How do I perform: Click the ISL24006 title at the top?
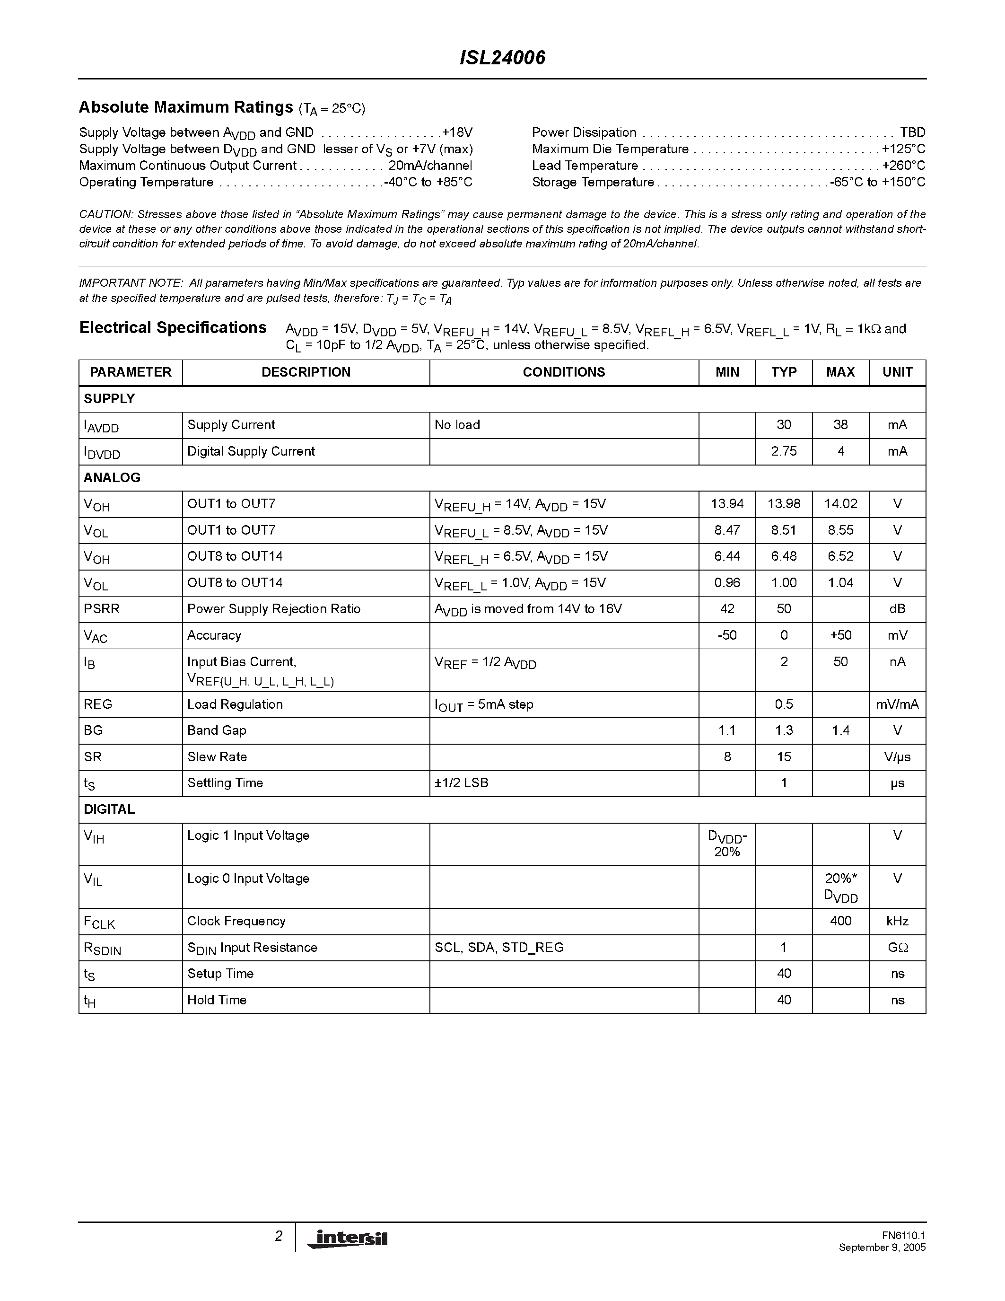pyautogui.click(x=502, y=58)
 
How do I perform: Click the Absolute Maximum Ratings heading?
pyautogui.click(x=186, y=107)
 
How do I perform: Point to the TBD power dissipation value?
pyautogui.click(x=912, y=132)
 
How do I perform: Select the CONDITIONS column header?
pyautogui.click(x=563, y=372)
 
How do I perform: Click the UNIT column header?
pyautogui.click(x=897, y=372)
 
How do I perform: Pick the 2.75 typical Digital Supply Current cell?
pyautogui.click(x=784, y=451)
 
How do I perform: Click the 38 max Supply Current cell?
pyautogui.click(x=840, y=425)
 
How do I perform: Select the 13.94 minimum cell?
pyautogui.click(x=727, y=504)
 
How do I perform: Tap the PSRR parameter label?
pyautogui.click(x=102, y=609)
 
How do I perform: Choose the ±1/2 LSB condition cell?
pyautogui.click(x=462, y=783)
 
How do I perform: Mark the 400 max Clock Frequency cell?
pyautogui.click(x=840, y=921)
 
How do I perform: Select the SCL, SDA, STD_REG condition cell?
pyautogui.click(x=499, y=947)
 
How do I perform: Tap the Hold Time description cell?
pyautogui.click(x=217, y=1000)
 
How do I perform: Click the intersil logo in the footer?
pyautogui.click(x=347, y=1238)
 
